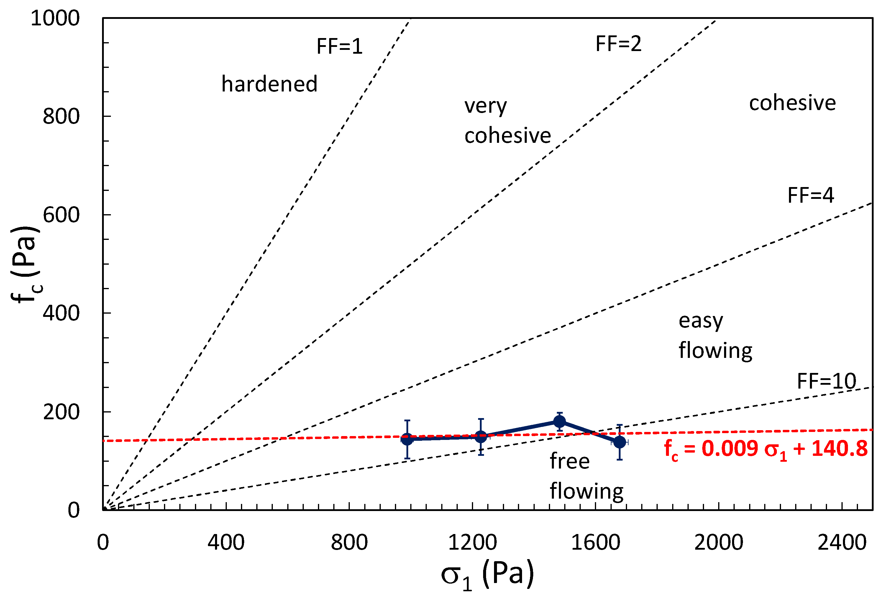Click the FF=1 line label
tap(339, 47)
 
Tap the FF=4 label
tap(810, 195)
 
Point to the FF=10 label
tap(826, 381)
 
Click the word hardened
tap(269, 84)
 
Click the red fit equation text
tap(766, 449)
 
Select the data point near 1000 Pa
tap(407, 439)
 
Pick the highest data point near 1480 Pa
tap(559, 421)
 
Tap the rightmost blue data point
tap(619, 442)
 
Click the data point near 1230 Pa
tap(481, 437)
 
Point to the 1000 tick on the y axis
tap(55, 18)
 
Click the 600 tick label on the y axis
tap(61, 215)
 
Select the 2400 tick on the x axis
tap(842, 542)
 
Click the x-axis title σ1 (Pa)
tap(487, 575)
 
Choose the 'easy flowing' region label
tap(715, 335)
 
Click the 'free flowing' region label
tap(586, 476)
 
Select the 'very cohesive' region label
tap(507, 120)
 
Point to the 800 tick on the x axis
tap(349, 542)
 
